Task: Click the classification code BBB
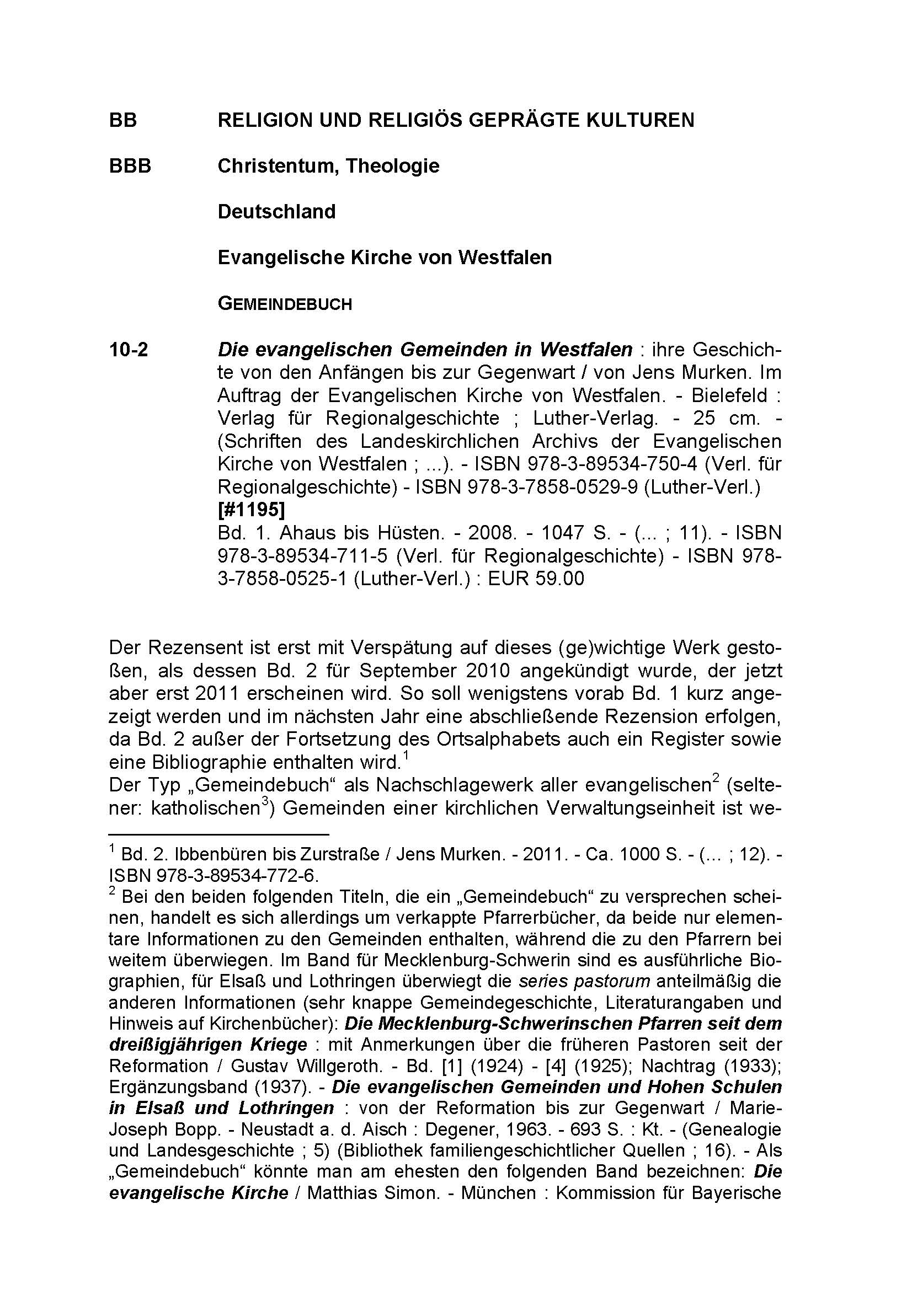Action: pos(130,166)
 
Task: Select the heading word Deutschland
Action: pos(276,212)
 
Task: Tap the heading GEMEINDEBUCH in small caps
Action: pos(284,304)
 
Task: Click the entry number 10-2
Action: pos(129,350)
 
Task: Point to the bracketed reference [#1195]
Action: pos(251,510)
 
